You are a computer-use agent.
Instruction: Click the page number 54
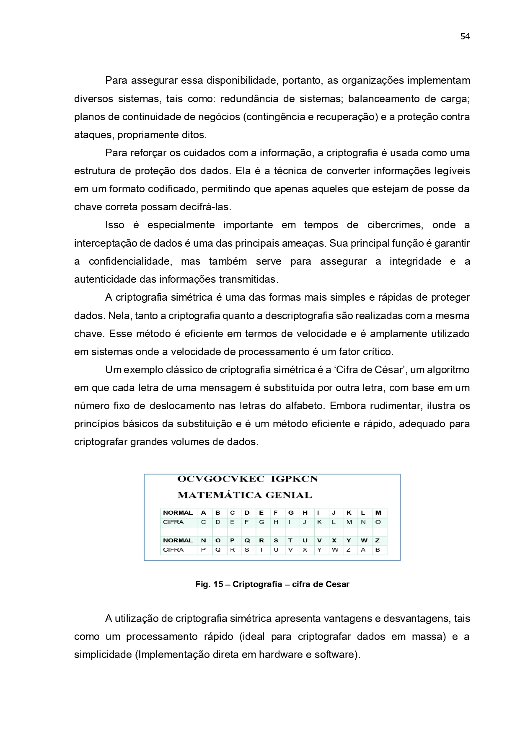(x=465, y=36)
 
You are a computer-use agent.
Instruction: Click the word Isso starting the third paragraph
(x=115, y=225)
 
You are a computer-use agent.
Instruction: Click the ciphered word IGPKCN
(x=295, y=479)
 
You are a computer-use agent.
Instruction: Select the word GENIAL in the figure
(x=289, y=495)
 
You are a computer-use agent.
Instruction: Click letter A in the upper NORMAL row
(x=204, y=513)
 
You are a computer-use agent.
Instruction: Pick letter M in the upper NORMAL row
(x=378, y=513)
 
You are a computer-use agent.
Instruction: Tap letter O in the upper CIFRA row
(x=378, y=522)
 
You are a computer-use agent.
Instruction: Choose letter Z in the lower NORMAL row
(x=378, y=540)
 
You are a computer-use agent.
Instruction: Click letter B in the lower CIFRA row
(x=378, y=550)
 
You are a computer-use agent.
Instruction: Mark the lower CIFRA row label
(x=173, y=550)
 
